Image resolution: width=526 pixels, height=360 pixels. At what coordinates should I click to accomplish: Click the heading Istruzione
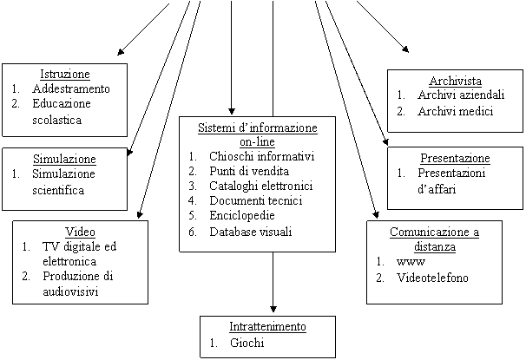(x=65, y=74)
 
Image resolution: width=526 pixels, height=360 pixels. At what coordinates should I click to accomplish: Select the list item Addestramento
(x=71, y=88)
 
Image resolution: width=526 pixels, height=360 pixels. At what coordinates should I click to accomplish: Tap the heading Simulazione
(x=64, y=159)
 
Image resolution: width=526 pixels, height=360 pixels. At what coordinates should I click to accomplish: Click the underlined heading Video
(x=80, y=232)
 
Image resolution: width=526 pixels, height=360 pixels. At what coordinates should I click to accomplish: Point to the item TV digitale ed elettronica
(x=80, y=254)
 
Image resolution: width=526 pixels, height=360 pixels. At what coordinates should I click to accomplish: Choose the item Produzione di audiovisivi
(x=78, y=284)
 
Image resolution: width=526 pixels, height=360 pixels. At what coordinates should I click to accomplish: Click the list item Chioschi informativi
(x=261, y=156)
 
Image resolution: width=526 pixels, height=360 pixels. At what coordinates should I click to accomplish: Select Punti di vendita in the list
(x=249, y=171)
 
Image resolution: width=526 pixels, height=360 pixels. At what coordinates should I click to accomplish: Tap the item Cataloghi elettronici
(x=261, y=186)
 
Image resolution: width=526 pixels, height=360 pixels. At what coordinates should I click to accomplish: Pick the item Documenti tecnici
(x=256, y=200)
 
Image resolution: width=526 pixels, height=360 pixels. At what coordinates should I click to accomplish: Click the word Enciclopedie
(x=242, y=215)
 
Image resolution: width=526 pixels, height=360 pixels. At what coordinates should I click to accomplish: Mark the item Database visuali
(x=251, y=232)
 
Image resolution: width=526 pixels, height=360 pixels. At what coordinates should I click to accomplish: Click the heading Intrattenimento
(x=267, y=326)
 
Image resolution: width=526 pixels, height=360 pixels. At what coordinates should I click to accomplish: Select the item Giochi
(x=247, y=343)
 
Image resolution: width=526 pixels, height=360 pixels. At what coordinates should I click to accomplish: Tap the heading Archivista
(x=455, y=81)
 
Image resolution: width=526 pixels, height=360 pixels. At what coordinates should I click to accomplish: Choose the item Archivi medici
(x=455, y=111)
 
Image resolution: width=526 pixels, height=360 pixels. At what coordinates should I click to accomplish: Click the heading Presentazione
(x=455, y=158)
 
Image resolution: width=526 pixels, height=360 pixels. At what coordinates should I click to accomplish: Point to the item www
(x=411, y=262)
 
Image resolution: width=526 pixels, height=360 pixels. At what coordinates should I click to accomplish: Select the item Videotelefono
(x=432, y=278)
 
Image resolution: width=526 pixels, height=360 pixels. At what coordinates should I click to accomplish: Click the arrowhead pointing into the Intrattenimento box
(x=273, y=308)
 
